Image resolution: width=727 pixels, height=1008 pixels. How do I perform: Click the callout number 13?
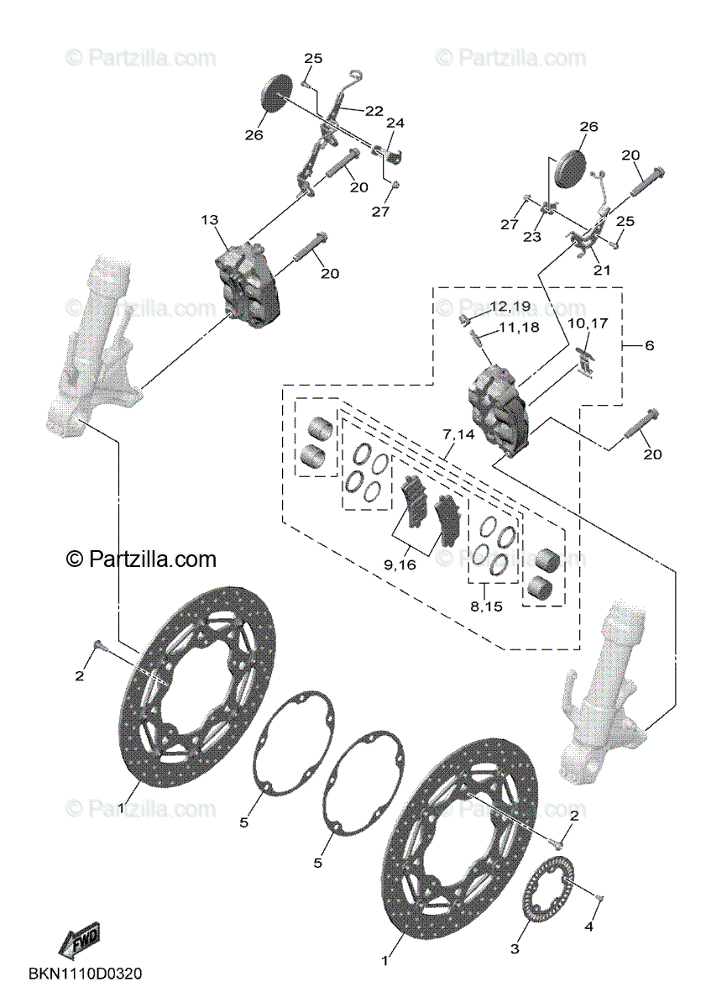209,220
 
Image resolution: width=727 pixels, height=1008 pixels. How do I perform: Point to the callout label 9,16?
400,565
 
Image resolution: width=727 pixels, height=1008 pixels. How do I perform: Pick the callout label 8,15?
487,606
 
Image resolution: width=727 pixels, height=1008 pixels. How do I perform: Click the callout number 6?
649,345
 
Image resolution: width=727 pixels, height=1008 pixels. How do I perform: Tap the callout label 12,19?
510,307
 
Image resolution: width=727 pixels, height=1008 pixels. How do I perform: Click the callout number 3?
515,949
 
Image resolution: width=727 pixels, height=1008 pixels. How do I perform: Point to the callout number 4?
588,927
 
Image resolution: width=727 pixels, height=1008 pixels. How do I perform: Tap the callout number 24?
395,123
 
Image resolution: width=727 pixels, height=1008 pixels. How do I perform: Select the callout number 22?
374,111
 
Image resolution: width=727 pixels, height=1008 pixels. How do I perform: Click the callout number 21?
602,270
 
